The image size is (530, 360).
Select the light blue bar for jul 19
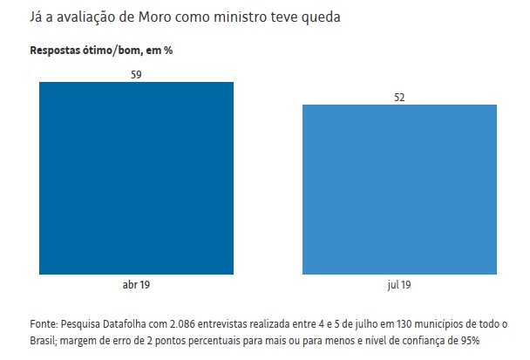399,190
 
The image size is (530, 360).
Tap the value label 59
136,75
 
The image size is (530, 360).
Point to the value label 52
399,98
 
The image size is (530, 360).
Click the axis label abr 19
136,285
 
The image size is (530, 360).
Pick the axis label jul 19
399,285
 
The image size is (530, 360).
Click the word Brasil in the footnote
44,340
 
